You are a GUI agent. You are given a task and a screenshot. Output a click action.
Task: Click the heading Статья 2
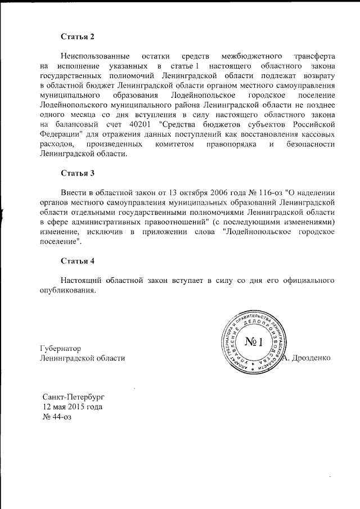(x=78, y=37)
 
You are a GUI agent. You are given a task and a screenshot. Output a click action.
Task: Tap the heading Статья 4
(x=78, y=260)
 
